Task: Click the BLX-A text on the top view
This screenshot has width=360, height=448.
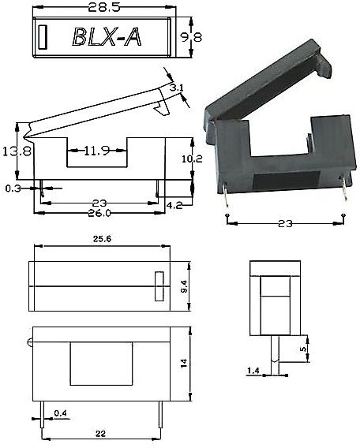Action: (107, 37)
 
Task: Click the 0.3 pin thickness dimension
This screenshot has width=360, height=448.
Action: (13, 189)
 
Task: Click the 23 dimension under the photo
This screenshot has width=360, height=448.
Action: (286, 223)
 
